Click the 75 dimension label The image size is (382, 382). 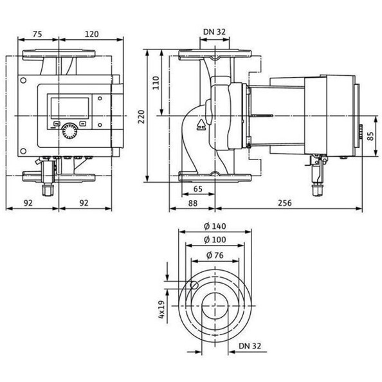pyautogui.click(x=37, y=34)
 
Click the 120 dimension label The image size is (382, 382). pyautogui.click(x=91, y=34)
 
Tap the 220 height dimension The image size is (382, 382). pyautogui.click(x=141, y=116)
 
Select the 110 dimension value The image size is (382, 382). pyautogui.click(x=156, y=83)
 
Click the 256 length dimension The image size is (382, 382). pyautogui.click(x=284, y=203)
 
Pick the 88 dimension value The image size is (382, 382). pyautogui.click(x=192, y=203)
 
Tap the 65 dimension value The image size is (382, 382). pyautogui.click(x=197, y=189)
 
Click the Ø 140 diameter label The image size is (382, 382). pyautogui.click(x=215, y=226)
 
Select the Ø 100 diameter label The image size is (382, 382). pyautogui.click(x=215, y=240)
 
